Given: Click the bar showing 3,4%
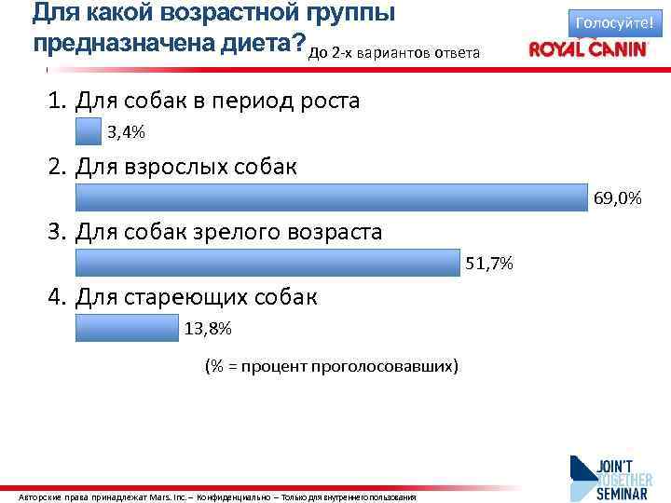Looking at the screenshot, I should pyautogui.click(x=89, y=132).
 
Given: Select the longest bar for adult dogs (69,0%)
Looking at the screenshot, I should pyautogui.click(x=332, y=198).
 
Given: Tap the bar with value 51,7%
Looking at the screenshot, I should pyautogui.click(x=267, y=264).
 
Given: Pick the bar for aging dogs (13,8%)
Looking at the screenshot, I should pyautogui.click(x=126, y=328).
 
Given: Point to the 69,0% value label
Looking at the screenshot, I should pyautogui.click(x=617, y=198).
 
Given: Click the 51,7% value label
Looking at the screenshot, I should pyautogui.click(x=489, y=264).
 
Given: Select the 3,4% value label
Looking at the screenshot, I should pyautogui.click(x=127, y=132).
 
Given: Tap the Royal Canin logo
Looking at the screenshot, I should pyautogui.click(x=587, y=49).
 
